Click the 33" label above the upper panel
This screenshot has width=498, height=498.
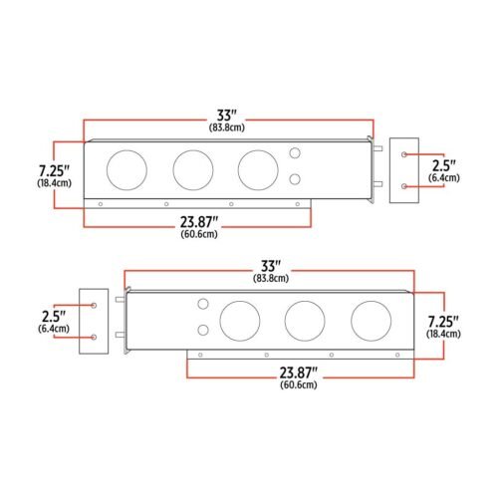click(227, 116)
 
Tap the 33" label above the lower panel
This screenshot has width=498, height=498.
click(271, 266)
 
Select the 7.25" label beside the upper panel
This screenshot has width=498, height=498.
click(55, 171)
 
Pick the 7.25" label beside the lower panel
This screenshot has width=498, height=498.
click(443, 322)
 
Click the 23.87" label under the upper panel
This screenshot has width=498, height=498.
click(199, 222)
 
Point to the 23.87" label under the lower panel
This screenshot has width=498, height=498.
click(299, 373)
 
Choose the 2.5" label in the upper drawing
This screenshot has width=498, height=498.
click(444, 165)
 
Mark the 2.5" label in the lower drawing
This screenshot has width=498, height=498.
click(54, 317)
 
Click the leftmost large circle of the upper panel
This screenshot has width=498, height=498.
click(126, 150)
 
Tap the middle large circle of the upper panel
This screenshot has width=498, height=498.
click(193, 150)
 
